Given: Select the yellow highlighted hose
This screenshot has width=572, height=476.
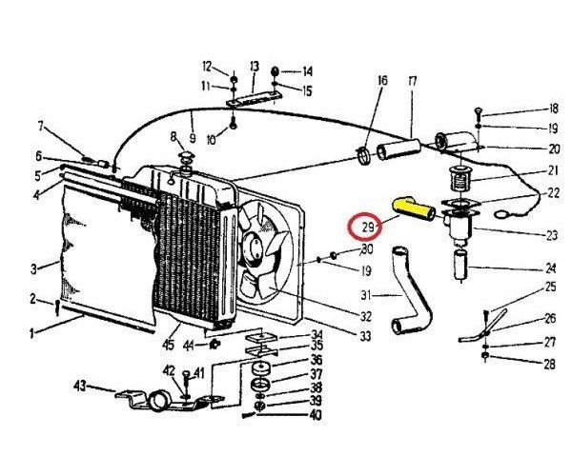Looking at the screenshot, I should pos(414,208).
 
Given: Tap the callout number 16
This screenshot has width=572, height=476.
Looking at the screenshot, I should pos(382,82).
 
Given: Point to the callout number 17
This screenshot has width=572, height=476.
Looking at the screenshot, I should pos(413,82).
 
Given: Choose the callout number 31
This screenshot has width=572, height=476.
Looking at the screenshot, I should pos(367,295).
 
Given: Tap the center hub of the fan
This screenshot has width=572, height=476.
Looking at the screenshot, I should pos(255,249).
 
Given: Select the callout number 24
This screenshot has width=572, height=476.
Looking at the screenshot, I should pos(551,268).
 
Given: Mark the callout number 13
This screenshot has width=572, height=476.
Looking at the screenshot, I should pos(255,66).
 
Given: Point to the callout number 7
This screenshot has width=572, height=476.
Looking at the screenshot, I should pos(41,127).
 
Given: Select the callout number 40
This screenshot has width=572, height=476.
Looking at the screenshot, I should pos(314,415).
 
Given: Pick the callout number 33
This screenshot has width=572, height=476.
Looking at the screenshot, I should pos(366,336).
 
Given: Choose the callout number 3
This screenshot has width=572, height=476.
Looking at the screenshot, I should pos(32,268).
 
